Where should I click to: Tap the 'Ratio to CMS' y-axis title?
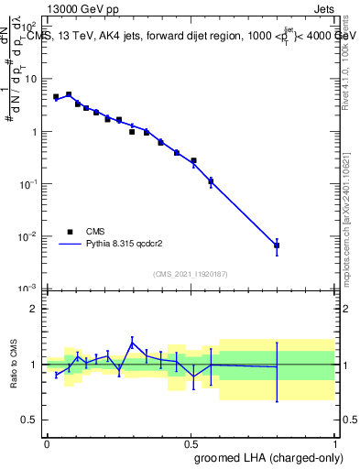pos(14,365)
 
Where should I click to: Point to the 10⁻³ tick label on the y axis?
pos(29,289)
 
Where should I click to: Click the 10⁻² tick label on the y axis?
pos(29,236)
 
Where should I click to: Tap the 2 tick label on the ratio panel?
pos(35,309)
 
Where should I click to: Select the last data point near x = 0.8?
pos(277,245)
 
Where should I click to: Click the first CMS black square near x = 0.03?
pos(56,96)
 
